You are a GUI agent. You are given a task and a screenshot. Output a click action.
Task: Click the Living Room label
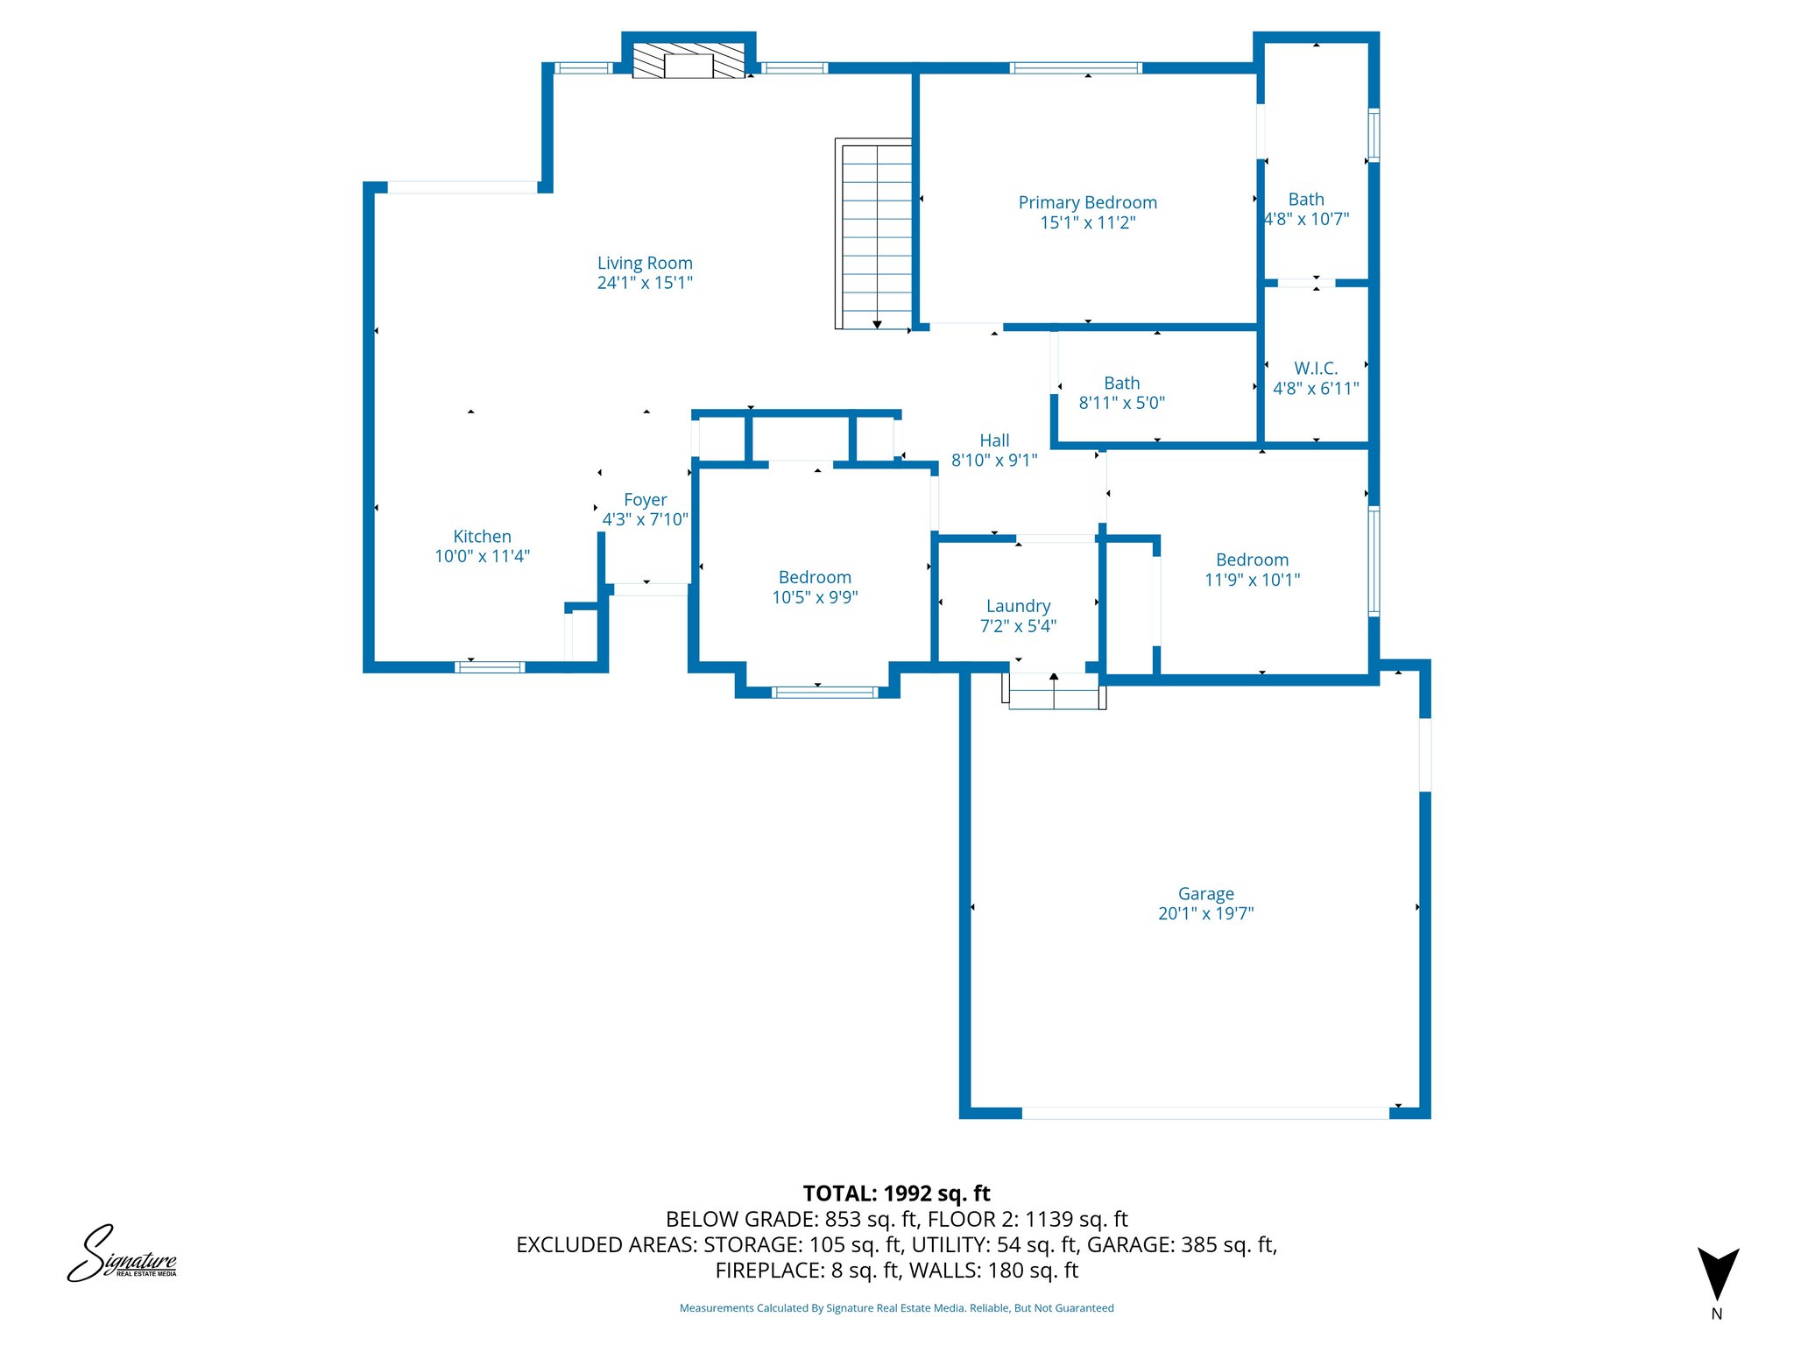tap(645, 263)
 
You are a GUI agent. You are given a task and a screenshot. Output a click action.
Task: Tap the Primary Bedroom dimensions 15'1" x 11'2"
tap(1087, 222)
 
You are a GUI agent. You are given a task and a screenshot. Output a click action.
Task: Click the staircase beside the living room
tap(873, 234)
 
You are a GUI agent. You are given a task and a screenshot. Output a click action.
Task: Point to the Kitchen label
tap(482, 536)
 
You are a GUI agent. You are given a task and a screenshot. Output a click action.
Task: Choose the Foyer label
tap(646, 499)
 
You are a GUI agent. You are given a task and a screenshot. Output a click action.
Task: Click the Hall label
tap(994, 440)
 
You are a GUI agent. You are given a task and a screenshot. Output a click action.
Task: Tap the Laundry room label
tap(1018, 606)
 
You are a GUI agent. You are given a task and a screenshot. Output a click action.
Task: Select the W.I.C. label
tap(1316, 369)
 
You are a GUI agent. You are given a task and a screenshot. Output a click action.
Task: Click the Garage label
tap(1205, 894)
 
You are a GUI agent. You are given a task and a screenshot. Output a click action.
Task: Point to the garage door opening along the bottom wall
tap(1205, 1113)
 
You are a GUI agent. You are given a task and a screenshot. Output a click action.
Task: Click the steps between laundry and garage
tap(1054, 691)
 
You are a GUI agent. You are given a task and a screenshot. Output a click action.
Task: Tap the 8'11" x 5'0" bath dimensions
tap(1121, 403)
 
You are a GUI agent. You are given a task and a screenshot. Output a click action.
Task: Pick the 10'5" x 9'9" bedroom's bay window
tap(824, 693)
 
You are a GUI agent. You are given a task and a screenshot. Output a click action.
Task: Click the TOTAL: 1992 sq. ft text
tap(896, 1194)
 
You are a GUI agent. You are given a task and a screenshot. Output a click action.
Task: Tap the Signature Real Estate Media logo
tap(123, 1254)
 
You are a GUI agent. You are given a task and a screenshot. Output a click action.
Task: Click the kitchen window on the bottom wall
tap(490, 667)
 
